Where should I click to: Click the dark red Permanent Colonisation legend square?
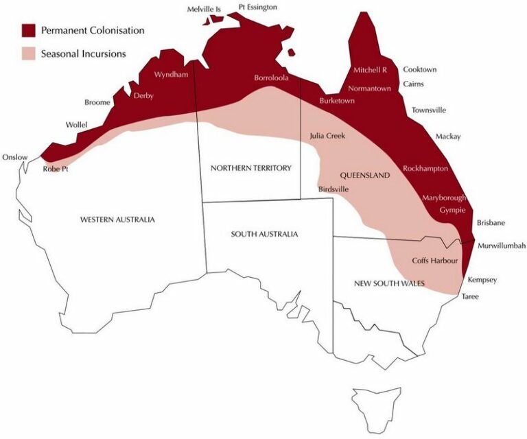coord(28,31)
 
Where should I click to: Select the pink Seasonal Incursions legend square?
coord(28,53)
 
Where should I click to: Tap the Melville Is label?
coord(203,9)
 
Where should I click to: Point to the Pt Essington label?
coord(258,7)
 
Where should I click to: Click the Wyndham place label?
coord(171,74)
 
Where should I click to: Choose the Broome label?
coord(97,103)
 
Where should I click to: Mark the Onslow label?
coord(15,157)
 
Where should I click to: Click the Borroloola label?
coord(271,78)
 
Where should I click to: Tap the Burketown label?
coord(337,101)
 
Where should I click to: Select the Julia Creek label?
coord(327,136)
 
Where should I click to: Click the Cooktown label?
coord(420,69)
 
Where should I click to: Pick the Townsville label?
coord(429,110)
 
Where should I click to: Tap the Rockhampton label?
coord(425,168)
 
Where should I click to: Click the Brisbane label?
coord(491,223)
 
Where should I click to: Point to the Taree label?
coord(470,296)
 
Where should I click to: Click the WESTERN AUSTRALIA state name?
coord(117,219)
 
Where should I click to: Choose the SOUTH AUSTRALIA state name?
coord(264,234)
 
